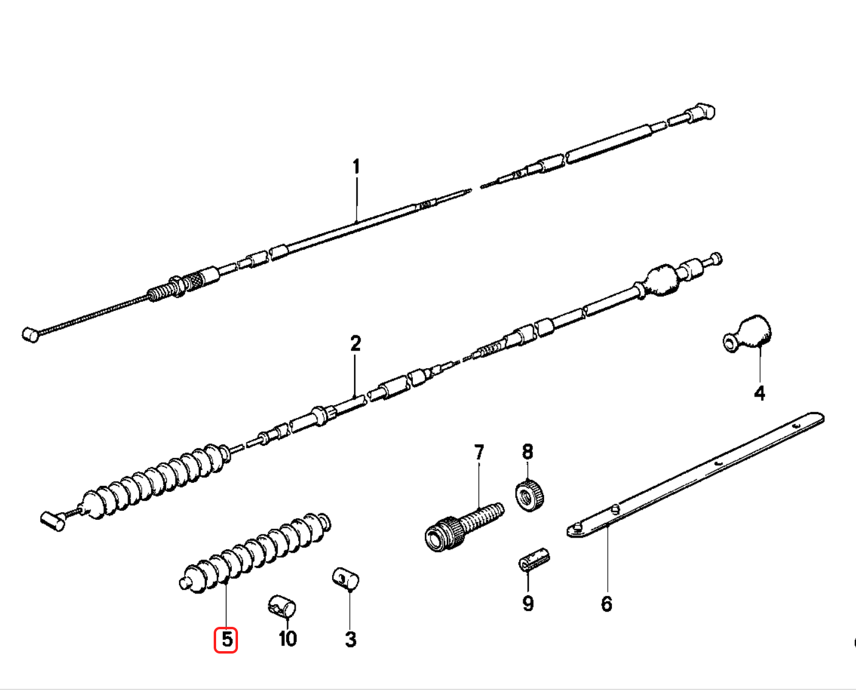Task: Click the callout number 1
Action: coord(356,166)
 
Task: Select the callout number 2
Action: coord(355,344)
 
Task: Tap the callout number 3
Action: coord(350,639)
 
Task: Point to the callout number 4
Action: coord(759,393)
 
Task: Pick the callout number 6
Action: coord(606,604)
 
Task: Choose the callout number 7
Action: coord(479,453)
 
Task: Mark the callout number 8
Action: coord(527,452)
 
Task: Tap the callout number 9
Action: coord(528,603)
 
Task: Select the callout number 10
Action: coord(287,639)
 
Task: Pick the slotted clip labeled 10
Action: coord(281,606)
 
